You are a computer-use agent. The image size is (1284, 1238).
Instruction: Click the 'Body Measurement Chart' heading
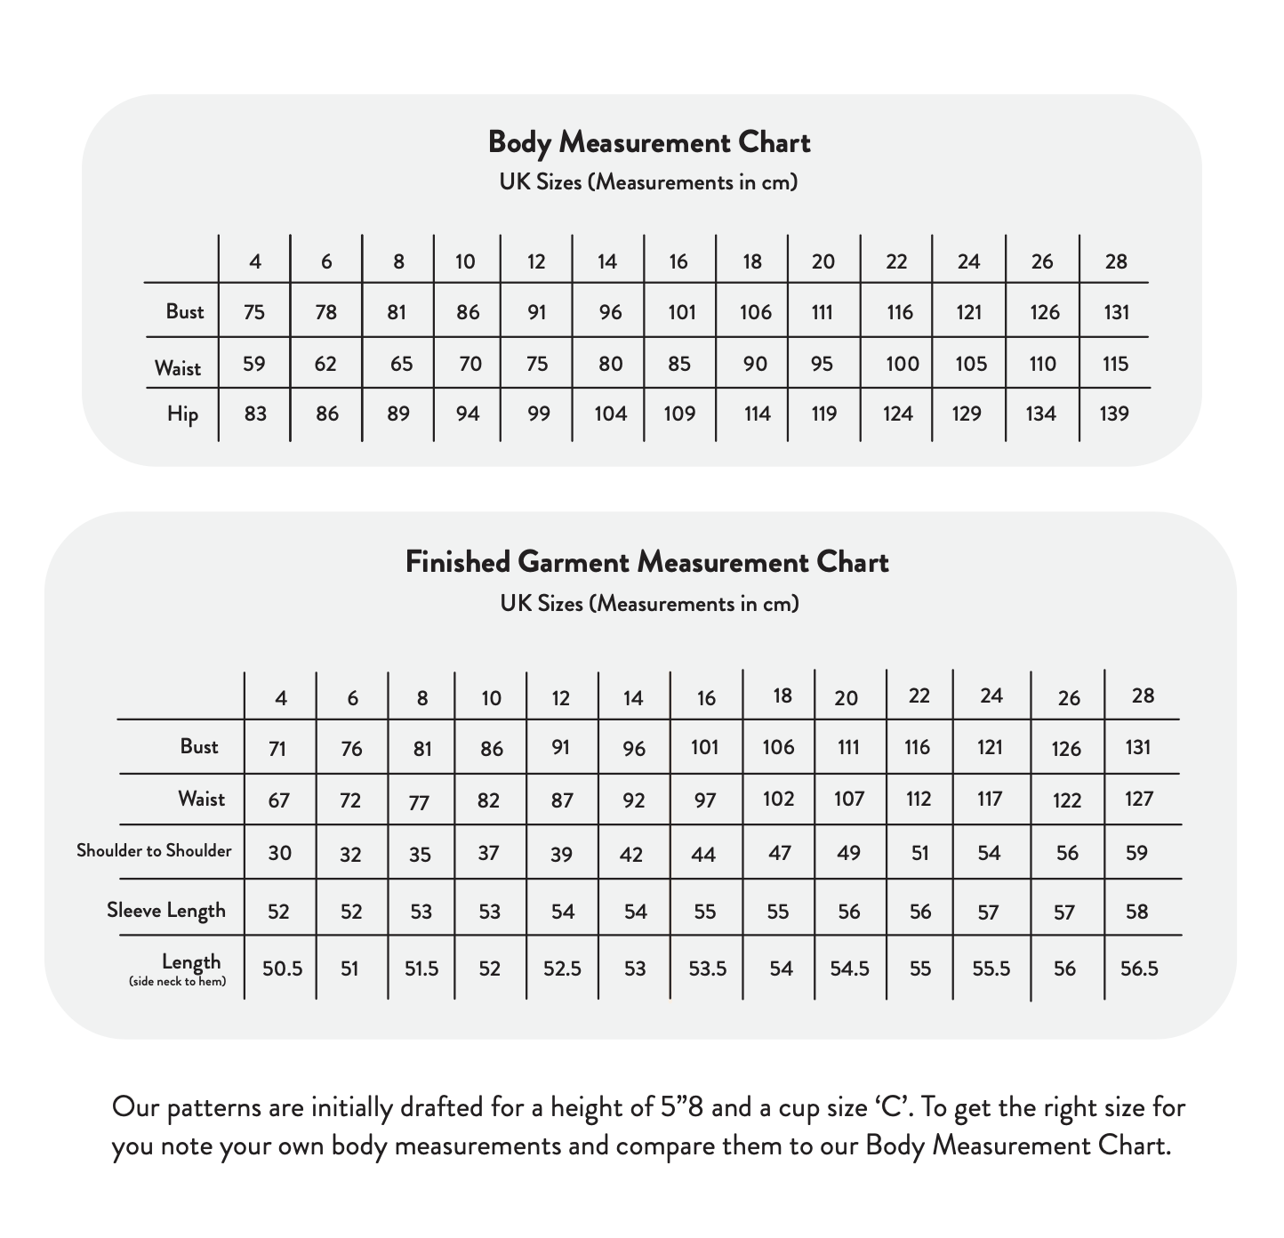[x=649, y=143]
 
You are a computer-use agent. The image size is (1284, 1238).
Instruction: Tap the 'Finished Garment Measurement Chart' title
[x=646, y=562]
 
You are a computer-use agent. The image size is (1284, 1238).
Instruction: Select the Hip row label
[x=182, y=414]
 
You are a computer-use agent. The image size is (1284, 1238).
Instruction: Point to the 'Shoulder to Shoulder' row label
[x=154, y=851]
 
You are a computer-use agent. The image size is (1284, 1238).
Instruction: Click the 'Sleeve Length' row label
[x=166, y=911]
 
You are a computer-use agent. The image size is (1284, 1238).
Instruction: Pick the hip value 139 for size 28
[x=1113, y=414]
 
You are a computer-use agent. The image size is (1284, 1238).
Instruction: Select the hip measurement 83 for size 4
[x=255, y=414]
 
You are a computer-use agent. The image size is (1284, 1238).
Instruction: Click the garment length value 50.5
[x=282, y=969]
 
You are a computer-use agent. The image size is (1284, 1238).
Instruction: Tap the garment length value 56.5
[x=1139, y=969]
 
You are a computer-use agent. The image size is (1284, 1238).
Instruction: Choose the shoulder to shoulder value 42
[x=631, y=855]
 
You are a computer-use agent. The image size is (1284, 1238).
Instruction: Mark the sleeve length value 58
[x=1136, y=912]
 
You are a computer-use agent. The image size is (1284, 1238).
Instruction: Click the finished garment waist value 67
[x=278, y=800]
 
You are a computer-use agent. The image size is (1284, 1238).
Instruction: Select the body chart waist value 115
[x=1114, y=364]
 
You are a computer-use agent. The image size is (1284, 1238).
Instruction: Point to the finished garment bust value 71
[x=277, y=749]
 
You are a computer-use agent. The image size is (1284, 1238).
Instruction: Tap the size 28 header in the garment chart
[x=1143, y=695]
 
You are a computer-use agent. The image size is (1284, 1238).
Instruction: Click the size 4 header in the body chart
[x=255, y=261]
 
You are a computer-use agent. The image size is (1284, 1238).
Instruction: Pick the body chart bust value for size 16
[x=680, y=312]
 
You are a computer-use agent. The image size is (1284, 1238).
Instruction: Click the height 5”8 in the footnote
[x=684, y=1108]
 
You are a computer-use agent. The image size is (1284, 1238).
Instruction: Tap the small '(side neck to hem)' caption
[x=177, y=982]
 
